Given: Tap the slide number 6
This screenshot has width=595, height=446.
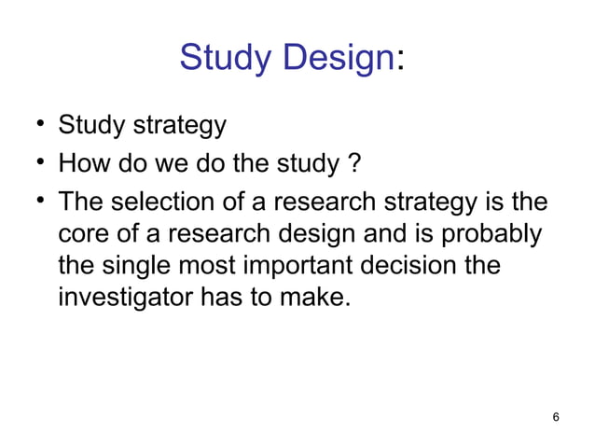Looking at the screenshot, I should (556, 417).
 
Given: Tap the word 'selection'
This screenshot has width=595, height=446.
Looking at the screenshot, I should (155, 202).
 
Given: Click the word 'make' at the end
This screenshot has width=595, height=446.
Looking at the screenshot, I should (321, 300).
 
